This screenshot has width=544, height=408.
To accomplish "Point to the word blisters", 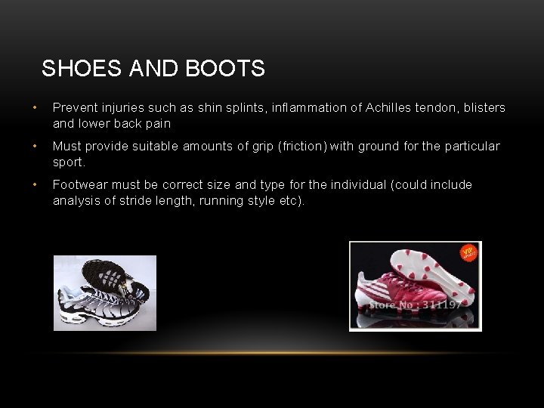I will (x=481, y=108).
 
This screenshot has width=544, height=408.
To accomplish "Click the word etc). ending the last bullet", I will (x=289, y=200).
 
